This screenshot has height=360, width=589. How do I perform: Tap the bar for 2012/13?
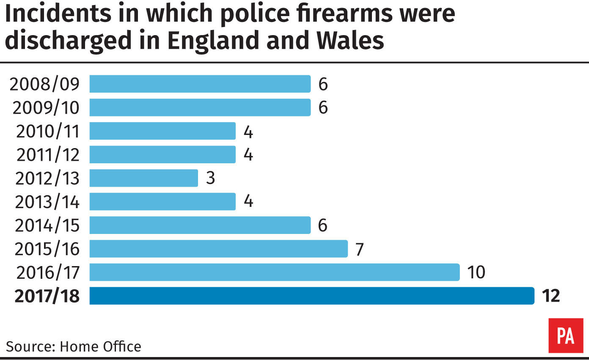point(143,178)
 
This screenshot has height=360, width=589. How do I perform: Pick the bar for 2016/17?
point(275,272)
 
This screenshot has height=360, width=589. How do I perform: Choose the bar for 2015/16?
point(218,249)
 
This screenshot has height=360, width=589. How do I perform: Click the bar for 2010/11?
point(162,131)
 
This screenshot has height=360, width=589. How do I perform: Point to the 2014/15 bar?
point(200,225)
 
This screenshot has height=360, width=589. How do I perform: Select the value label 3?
point(210,178)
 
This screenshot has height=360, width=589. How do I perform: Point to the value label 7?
point(360,249)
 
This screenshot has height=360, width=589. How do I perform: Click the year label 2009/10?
point(46,108)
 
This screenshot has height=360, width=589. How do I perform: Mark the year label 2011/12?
point(48,155)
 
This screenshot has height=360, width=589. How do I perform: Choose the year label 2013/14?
point(47,202)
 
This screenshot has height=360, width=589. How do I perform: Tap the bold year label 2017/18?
point(47,296)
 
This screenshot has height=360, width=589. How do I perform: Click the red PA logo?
point(565,336)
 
